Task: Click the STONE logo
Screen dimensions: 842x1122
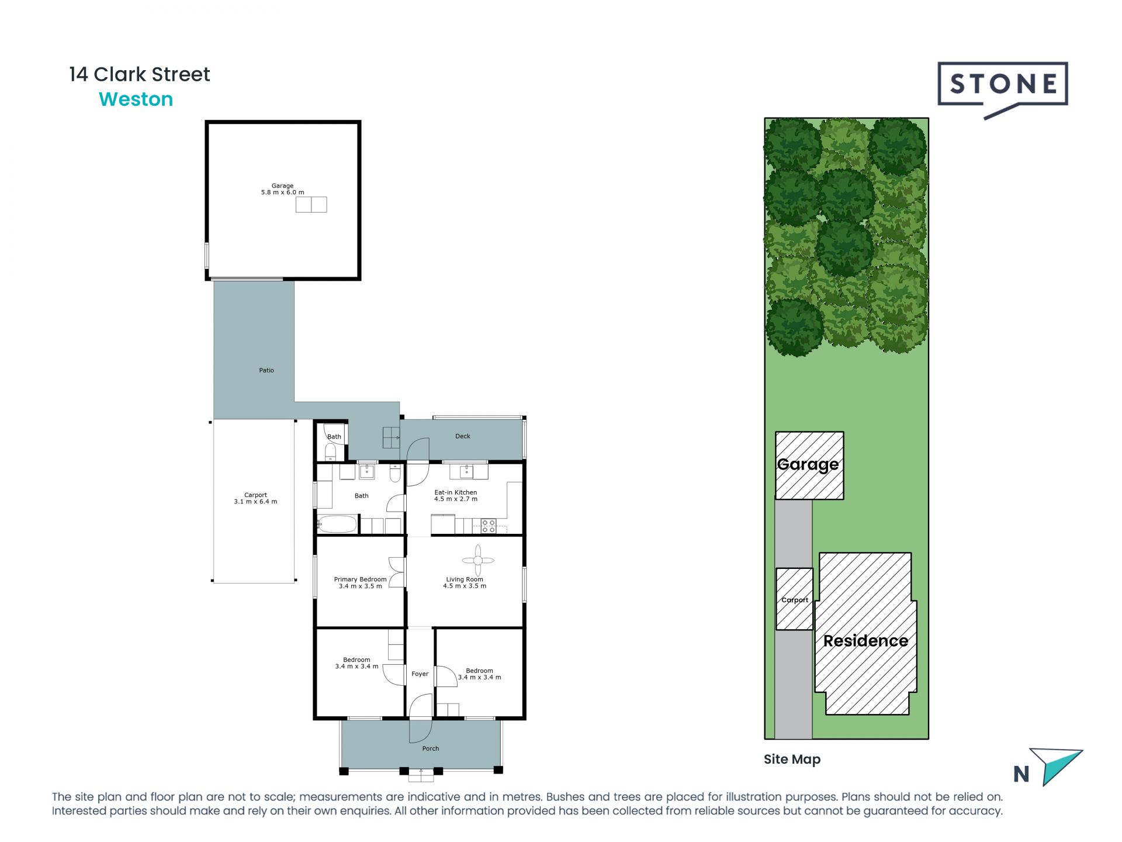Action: tap(1003, 85)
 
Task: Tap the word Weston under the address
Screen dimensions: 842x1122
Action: tap(136, 99)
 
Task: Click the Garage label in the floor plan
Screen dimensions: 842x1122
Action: tap(282, 185)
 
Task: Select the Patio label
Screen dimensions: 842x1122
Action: tap(266, 370)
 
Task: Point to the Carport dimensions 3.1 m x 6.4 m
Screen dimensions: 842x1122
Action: tap(255, 502)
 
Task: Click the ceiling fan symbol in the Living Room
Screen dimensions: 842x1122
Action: tap(478, 560)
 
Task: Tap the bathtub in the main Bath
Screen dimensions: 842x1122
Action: tap(337, 524)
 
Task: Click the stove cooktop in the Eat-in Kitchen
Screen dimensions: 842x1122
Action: tap(489, 526)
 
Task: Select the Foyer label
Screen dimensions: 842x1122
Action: tap(420, 674)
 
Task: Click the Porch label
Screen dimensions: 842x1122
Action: tap(430, 748)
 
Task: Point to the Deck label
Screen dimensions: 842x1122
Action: tap(462, 436)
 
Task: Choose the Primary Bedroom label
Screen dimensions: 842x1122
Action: tap(360, 579)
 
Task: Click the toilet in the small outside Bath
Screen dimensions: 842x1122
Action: tap(330, 452)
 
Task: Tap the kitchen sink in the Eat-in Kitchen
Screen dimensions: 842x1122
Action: tap(467, 471)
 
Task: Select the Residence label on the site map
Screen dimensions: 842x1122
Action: tap(865, 641)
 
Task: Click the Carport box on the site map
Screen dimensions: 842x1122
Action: tap(794, 599)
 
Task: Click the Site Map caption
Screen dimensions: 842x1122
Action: tap(792, 759)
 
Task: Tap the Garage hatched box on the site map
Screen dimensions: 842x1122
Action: tap(809, 465)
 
